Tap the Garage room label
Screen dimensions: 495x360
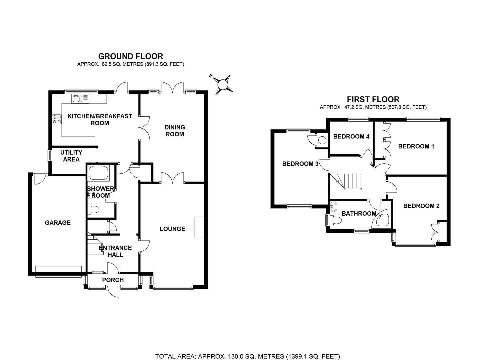tap(58, 223)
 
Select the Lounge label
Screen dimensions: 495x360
tap(172, 229)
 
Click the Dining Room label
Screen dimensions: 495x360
tap(175, 131)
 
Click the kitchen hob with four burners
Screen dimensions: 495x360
tap(57, 119)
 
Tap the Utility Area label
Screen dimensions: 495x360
tap(71, 156)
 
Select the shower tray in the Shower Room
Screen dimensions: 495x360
tap(98, 173)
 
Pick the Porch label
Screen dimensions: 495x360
tap(113, 280)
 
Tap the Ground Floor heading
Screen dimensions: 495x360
tap(131, 56)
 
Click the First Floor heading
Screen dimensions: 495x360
tap(373, 99)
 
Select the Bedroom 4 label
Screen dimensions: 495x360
tap(351, 136)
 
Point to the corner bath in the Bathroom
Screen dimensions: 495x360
tap(382, 219)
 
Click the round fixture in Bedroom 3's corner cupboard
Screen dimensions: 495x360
tap(322, 140)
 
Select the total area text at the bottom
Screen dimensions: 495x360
tap(247, 356)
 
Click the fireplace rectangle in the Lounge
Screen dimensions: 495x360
tap(199, 227)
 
